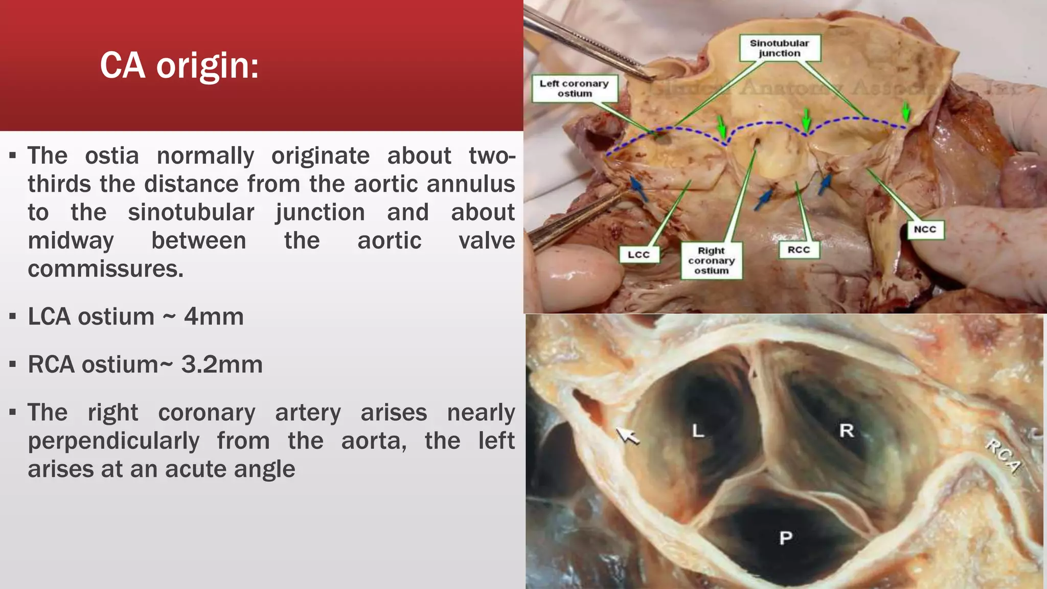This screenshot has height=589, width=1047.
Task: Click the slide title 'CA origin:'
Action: pyautogui.click(x=179, y=66)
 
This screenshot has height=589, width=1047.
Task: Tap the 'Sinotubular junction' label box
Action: pyautogui.click(x=780, y=48)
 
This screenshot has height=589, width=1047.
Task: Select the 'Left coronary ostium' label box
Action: pyautogui.click(x=574, y=88)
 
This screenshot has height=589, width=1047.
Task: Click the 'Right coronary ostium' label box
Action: pyautogui.click(x=711, y=261)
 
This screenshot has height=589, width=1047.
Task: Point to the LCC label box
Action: pyautogui.click(x=639, y=255)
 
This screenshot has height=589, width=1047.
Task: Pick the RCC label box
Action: pyautogui.click(x=799, y=250)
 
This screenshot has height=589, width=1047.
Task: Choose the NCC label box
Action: pyautogui.click(x=925, y=229)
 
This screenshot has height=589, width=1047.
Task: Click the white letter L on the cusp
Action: pyautogui.click(x=698, y=431)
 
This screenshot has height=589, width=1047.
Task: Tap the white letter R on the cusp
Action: pyautogui.click(x=847, y=431)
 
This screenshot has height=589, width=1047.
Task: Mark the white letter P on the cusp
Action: pyautogui.click(x=786, y=537)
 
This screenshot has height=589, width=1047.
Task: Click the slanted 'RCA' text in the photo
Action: pyautogui.click(x=1003, y=456)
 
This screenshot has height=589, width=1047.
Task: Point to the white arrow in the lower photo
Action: pyautogui.click(x=627, y=436)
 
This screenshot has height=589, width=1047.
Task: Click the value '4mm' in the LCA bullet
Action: pyautogui.click(x=214, y=316)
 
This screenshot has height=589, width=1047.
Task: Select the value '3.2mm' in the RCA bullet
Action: pyautogui.click(x=222, y=365)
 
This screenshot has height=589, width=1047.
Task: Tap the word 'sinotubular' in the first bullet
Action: pyautogui.click(x=191, y=212)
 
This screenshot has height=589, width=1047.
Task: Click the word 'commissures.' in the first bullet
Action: pyautogui.click(x=105, y=269)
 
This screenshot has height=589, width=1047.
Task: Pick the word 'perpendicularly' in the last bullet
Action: pyautogui.click(x=113, y=441)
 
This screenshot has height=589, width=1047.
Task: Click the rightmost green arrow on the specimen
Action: pyautogui.click(x=906, y=111)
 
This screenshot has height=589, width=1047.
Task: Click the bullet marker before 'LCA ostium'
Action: pyautogui.click(x=13, y=316)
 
